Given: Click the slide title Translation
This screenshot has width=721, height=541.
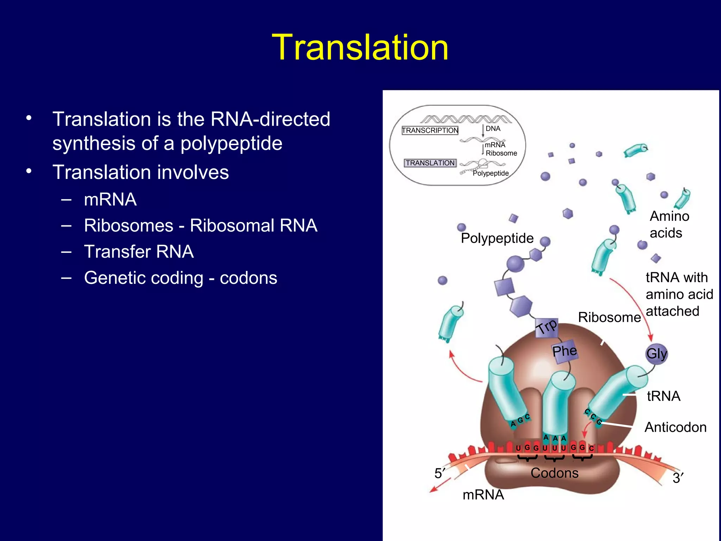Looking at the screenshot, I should point(360,48).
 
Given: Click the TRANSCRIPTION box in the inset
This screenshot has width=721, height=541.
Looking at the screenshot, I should point(430,130).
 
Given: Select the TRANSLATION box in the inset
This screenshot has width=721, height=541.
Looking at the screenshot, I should point(430,163).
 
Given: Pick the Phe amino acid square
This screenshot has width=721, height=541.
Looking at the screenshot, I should point(564,351).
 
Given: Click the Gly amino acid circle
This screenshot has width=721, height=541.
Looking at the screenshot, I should point(656,353).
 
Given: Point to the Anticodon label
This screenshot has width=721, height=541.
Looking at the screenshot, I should point(675,427).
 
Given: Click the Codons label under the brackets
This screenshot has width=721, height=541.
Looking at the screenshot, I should point(554,473).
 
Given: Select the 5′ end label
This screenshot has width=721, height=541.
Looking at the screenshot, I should point(439,473).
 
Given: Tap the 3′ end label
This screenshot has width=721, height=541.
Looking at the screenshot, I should point(678,478).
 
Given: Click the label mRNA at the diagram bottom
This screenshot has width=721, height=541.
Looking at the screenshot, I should point(483,495).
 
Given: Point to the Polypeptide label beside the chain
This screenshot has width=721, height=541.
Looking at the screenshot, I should point(497,238).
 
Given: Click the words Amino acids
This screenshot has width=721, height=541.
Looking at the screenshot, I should point(669,224).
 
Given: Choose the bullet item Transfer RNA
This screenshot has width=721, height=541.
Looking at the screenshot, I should point(139,252).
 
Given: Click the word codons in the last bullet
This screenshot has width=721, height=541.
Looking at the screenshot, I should point(248,278).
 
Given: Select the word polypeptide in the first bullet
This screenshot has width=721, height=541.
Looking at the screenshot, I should point(231,143).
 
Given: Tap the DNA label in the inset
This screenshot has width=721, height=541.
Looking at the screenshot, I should point(493,129).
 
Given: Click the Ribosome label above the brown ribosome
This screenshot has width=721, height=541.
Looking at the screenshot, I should point(609,317).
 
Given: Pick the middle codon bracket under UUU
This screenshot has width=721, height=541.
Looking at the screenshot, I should point(554,458).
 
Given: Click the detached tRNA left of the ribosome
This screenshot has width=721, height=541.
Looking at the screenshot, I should point(450,322).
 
